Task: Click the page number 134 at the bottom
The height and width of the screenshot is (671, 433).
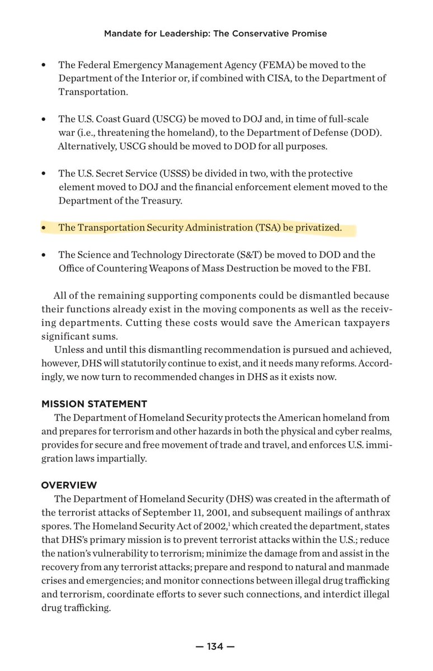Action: click(215, 647)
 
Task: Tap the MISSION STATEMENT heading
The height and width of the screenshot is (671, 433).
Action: click(94, 403)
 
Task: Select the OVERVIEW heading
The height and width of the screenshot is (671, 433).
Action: click(69, 485)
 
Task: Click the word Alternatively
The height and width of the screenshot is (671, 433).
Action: click(85, 147)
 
